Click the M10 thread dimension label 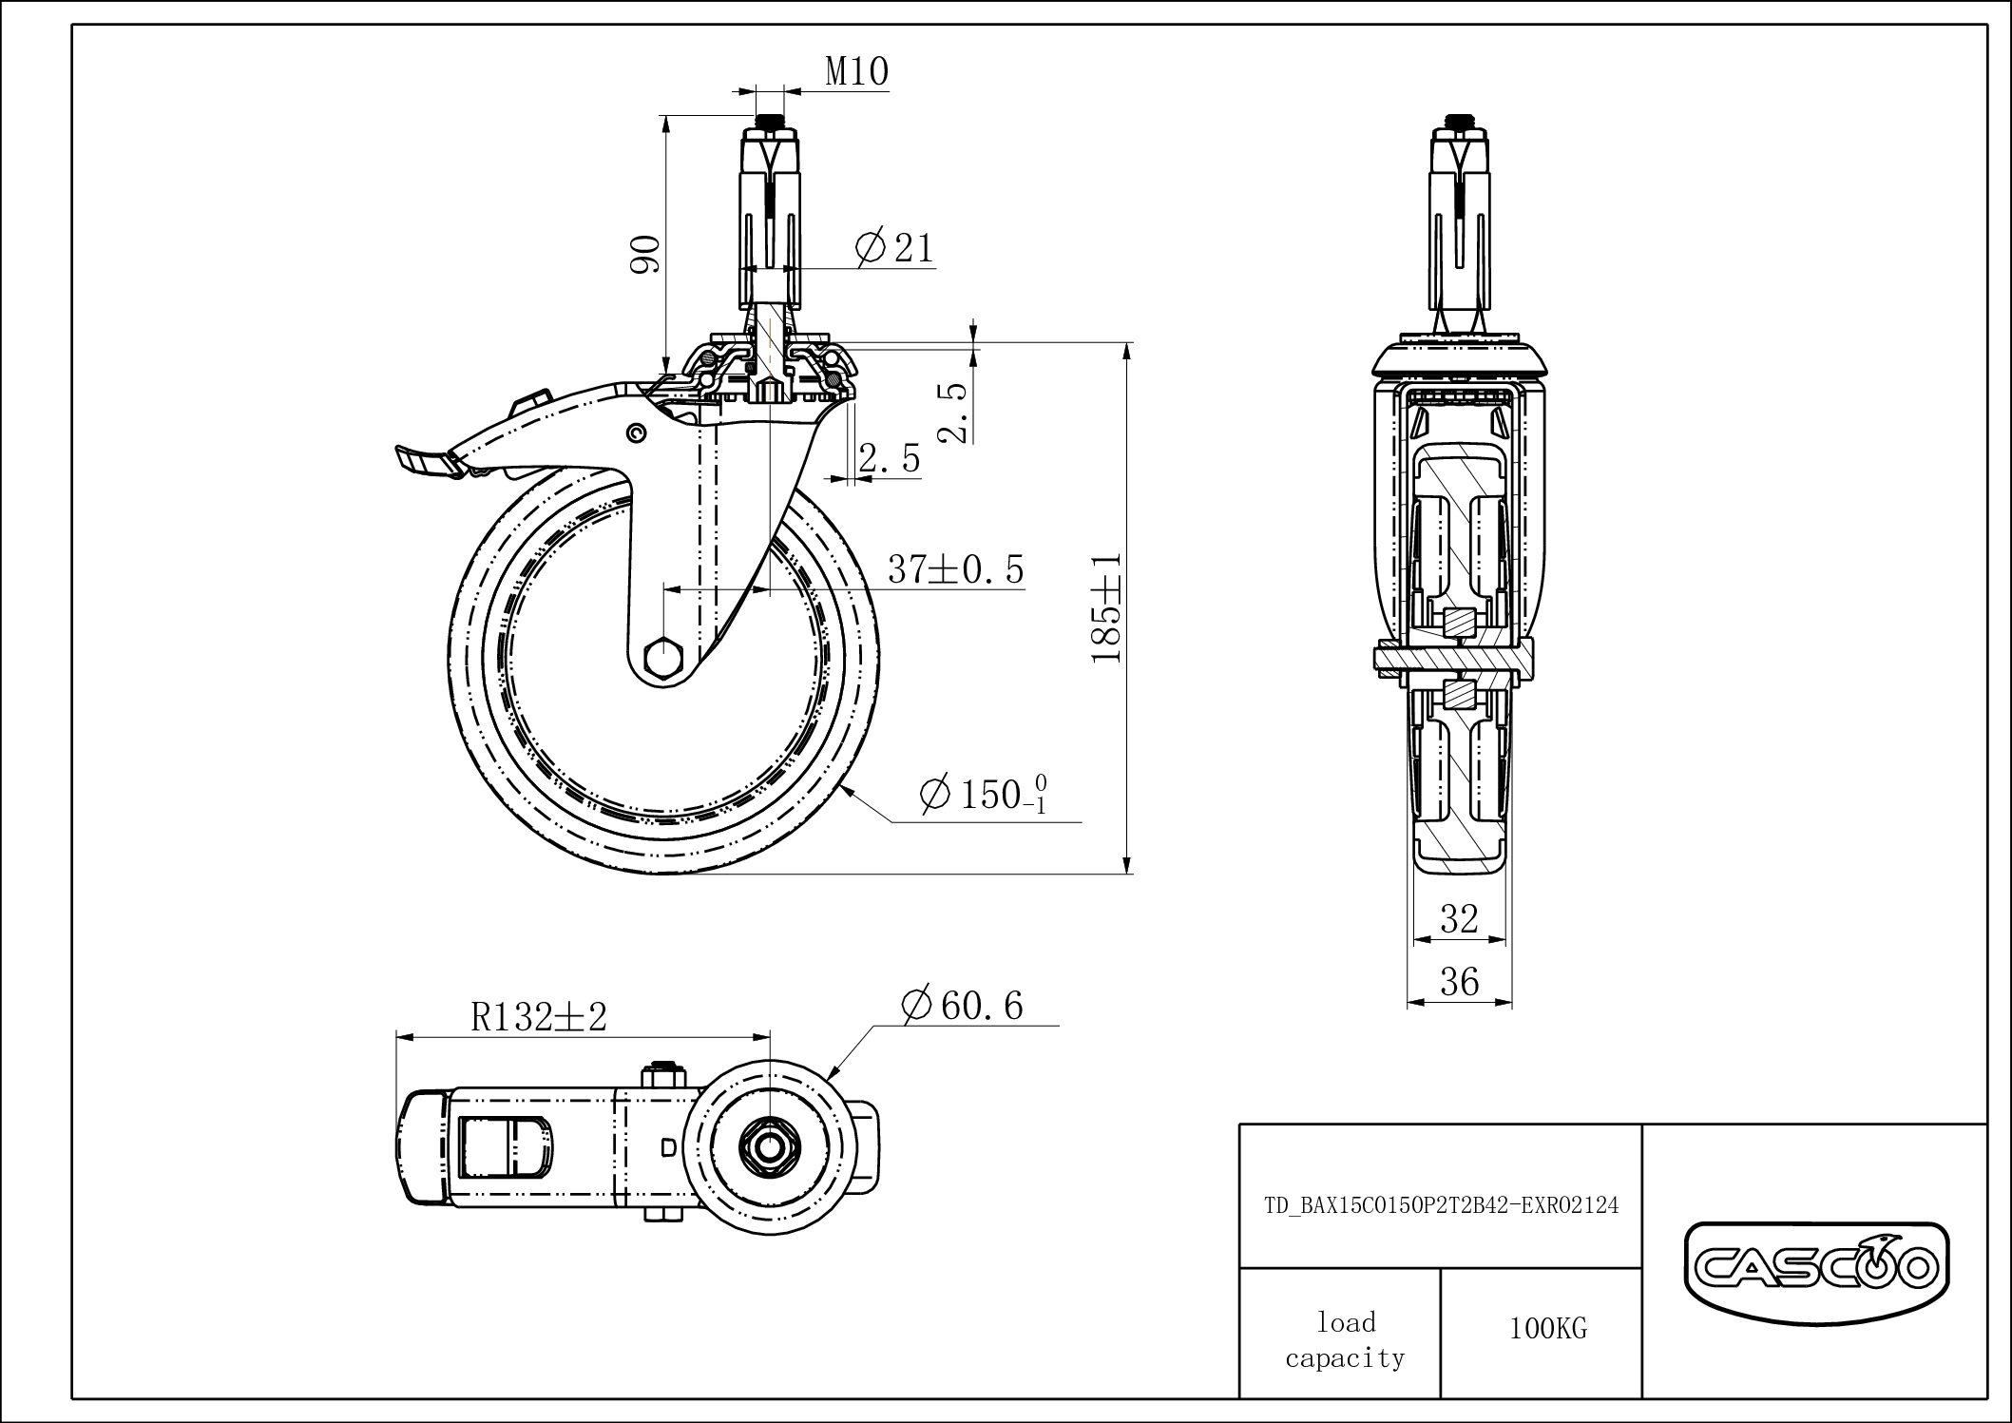click(855, 73)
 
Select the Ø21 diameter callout click(895, 248)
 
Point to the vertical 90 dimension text click(645, 254)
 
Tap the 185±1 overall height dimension click(1107, 608)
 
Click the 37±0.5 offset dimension click(955, 569)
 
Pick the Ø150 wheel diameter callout click(984, 795)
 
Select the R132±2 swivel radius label click(538, 1018)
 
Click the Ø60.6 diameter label click(961, 1006)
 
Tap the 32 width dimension click(1459, 919)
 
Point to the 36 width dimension click(1459, 982)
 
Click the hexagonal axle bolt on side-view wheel click(661, 657)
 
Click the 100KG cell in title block click(1547, 1329)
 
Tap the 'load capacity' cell click(1345, 1339)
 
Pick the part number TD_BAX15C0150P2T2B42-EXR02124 click(1441, 1205)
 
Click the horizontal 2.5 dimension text click(889, 459)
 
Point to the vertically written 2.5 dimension click(952, 413)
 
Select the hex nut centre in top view click(766, 1148)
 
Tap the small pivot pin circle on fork click(634, 433)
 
